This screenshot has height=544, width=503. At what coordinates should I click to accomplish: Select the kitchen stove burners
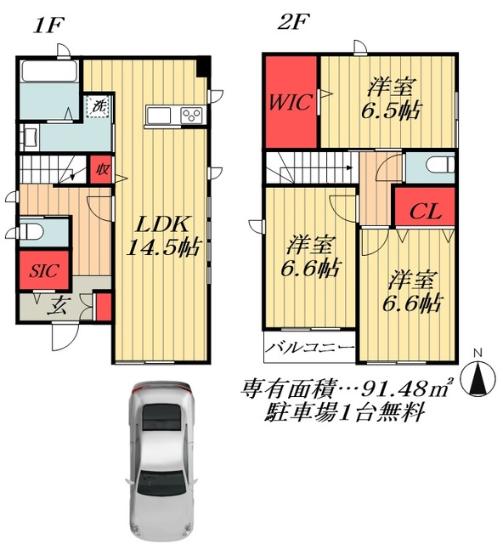click(190, 116)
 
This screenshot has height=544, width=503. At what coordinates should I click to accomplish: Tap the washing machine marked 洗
click(98, 108)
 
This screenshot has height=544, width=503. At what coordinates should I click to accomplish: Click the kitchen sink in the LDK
click(160, 116)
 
